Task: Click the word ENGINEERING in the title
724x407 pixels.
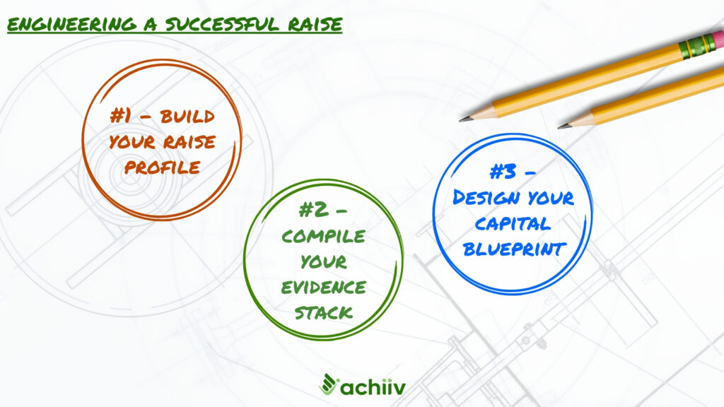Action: [x=72, y=25]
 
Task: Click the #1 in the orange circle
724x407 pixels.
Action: [x=120, y=115]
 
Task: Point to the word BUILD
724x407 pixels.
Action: [x=187, y=117]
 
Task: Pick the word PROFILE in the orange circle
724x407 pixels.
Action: [x=162, y=167]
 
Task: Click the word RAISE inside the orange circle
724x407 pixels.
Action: [x=189, y=141]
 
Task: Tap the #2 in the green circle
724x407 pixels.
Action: [x=314, y=211]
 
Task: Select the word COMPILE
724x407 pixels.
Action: [x=323, y=236]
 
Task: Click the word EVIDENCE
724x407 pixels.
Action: [x=323, y=288]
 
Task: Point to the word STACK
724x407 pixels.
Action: [x=324, y=313]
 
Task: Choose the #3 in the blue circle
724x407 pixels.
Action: [x=503, y=172]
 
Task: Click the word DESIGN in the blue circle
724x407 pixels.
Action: [x=486, y=198]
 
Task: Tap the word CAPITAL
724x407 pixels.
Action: [x=513, y=224]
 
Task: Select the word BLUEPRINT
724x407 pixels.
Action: [x=514, y=249]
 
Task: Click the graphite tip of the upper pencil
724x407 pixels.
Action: [x=462, y=119]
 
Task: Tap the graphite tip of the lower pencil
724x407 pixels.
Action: [x=561, y=126]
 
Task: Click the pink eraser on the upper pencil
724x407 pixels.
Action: [x=717, y=40]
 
